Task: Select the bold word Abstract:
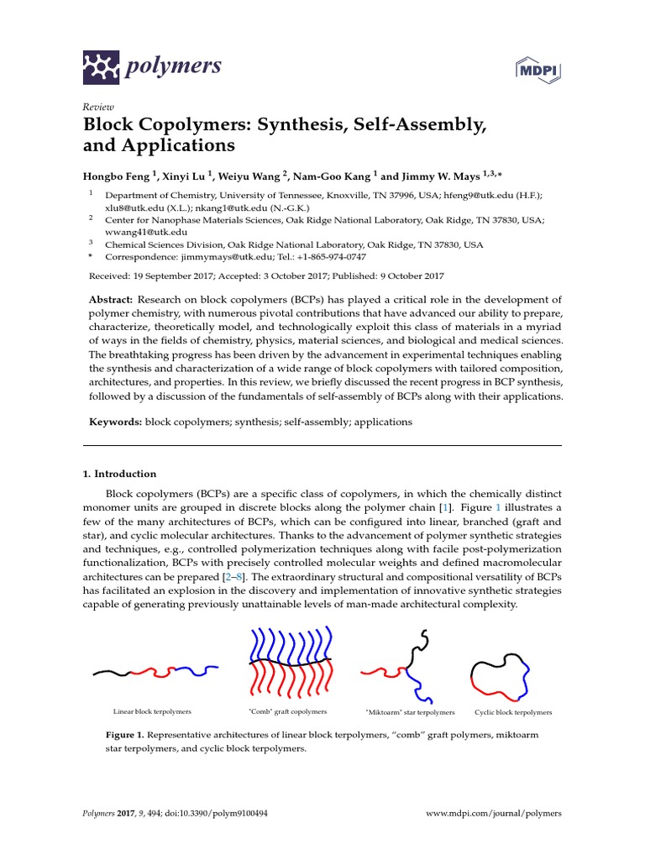(111, 300)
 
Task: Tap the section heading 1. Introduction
(118, 474)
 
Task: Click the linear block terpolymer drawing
(155, 671)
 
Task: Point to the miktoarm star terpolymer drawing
(406, 667)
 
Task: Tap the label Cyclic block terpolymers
(513, 712)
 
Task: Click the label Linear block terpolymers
(152, 711)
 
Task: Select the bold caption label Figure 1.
(124, 735)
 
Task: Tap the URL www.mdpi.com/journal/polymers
(493, 814)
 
